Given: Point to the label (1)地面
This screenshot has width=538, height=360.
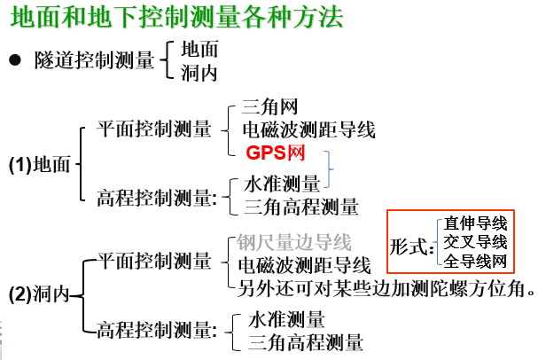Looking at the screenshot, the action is click(x=42, y=164).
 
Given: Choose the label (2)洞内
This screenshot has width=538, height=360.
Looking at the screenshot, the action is click(x=42, y=293).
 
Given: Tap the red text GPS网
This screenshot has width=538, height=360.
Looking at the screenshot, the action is click(x=276, y=153).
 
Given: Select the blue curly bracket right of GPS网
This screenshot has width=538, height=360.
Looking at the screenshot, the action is click(x=330, y=168).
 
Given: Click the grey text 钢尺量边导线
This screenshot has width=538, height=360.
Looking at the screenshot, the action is click(x=294, y=242).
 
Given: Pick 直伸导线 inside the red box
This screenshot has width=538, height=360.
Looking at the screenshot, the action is click(x=476, y=223).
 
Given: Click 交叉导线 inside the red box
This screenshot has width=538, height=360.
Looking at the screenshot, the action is click(x=476, y=242).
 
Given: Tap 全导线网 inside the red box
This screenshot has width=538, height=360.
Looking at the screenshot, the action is click(x=476, y=261).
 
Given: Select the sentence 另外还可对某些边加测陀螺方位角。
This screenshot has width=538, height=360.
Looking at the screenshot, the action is click(x=386, y=286).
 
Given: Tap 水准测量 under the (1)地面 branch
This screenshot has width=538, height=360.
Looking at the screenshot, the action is click(x=282, y=184).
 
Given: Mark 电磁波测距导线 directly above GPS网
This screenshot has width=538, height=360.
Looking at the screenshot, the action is click(x=309, y=130).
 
